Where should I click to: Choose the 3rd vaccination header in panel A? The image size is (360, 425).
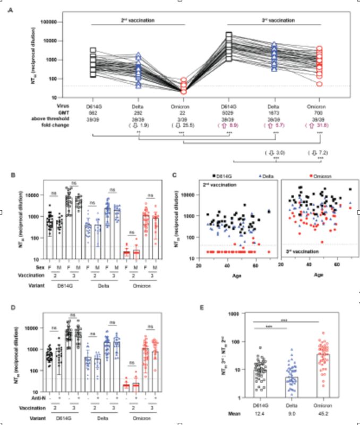click(274, 20)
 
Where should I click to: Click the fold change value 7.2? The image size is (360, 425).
click(320, 152)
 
